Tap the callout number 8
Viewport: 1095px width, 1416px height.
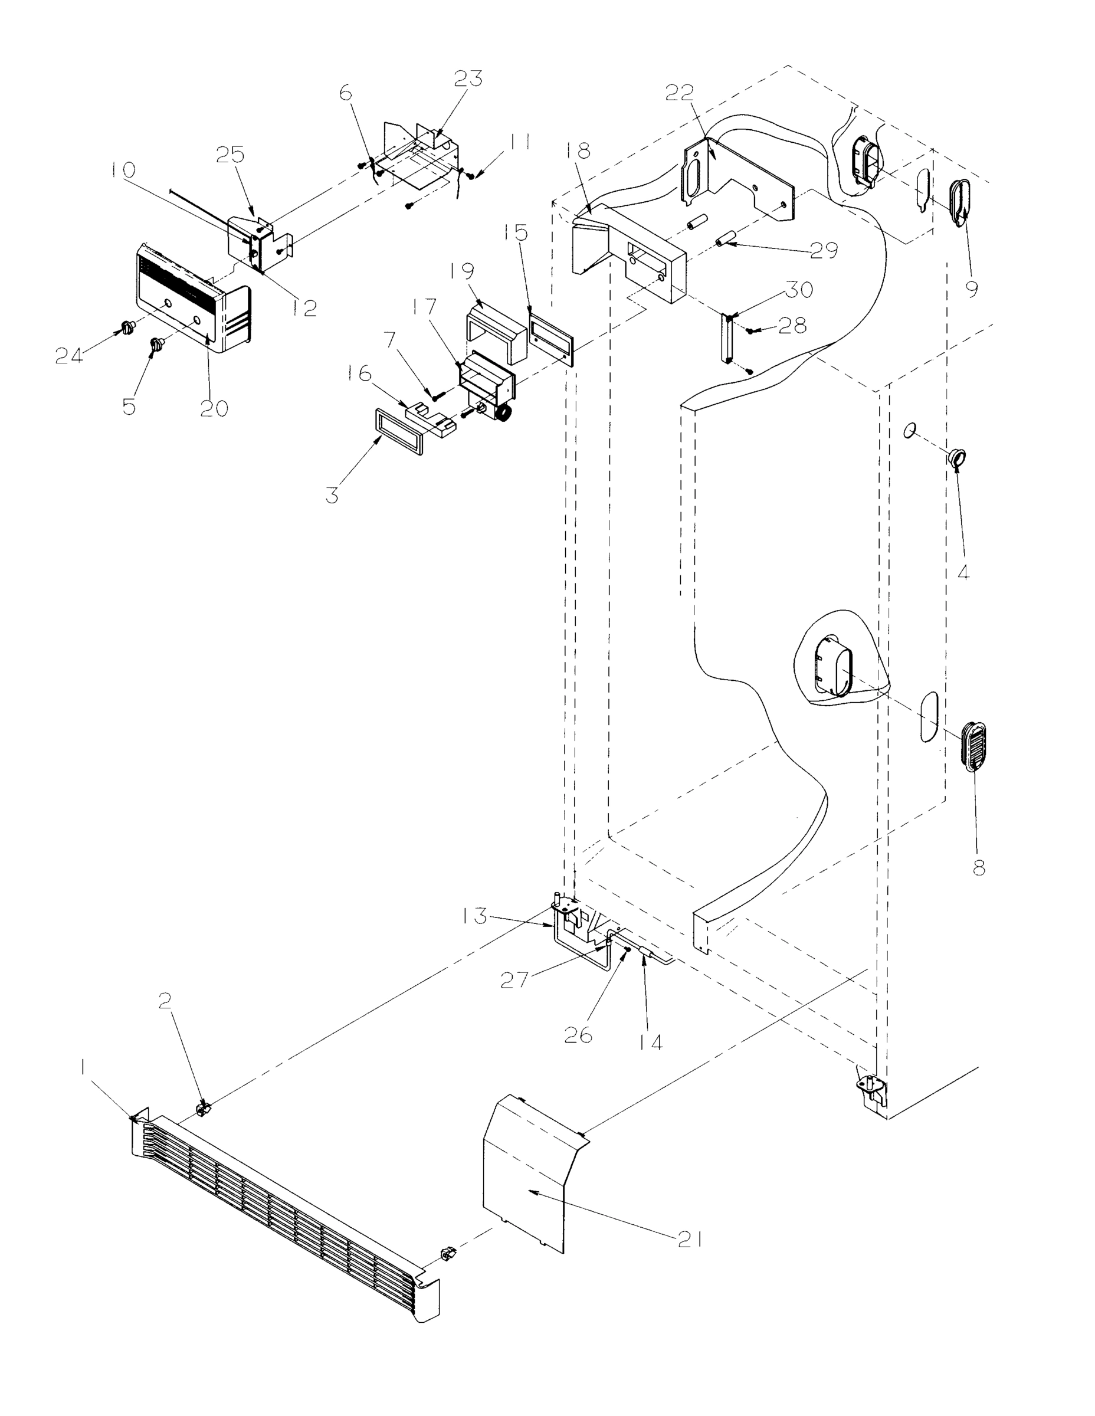(x=979, y=867)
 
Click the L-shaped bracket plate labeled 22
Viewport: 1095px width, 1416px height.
(x=739, y=172)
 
